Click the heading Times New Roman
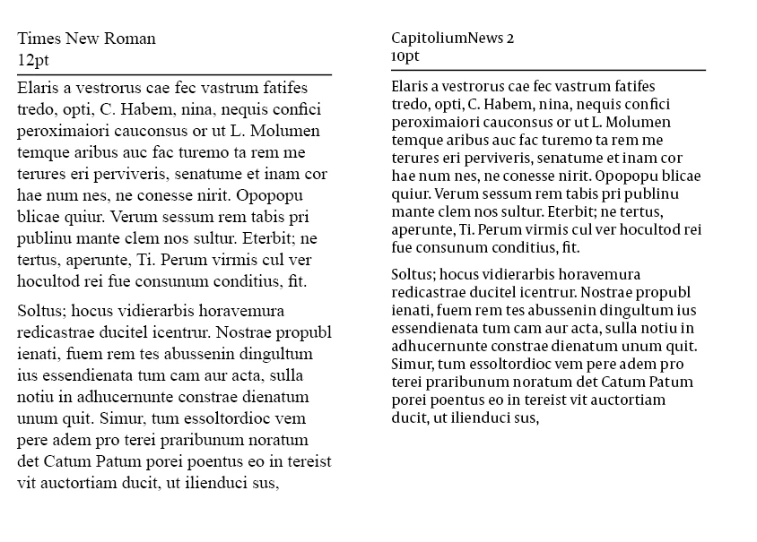pos(86,39)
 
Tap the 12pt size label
pos(32,60)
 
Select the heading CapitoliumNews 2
pos(453,38)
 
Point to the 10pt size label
pos(405,56)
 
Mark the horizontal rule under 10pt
pos(548,69)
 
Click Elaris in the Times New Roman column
pos(37,88)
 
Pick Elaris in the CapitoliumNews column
pos(409,87)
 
